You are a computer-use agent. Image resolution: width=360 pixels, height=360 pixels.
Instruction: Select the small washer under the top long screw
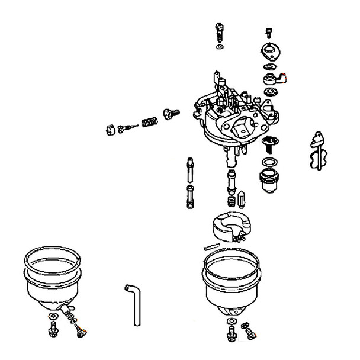pyautogui.click(x=220, y=47)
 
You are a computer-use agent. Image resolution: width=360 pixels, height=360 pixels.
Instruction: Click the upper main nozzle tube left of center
pyautogui.click(x=190, y=170)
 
